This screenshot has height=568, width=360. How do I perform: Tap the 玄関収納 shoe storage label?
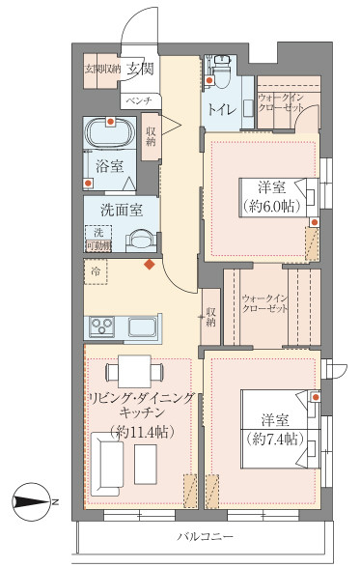(x=102, y=69)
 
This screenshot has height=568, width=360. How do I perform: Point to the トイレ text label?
(x=218, y=109)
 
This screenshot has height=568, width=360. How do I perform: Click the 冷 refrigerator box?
(x=96, y=273)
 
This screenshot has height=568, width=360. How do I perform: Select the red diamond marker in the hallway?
(x=149, y=263)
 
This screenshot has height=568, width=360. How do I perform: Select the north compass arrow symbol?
(x=36, y=501)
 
